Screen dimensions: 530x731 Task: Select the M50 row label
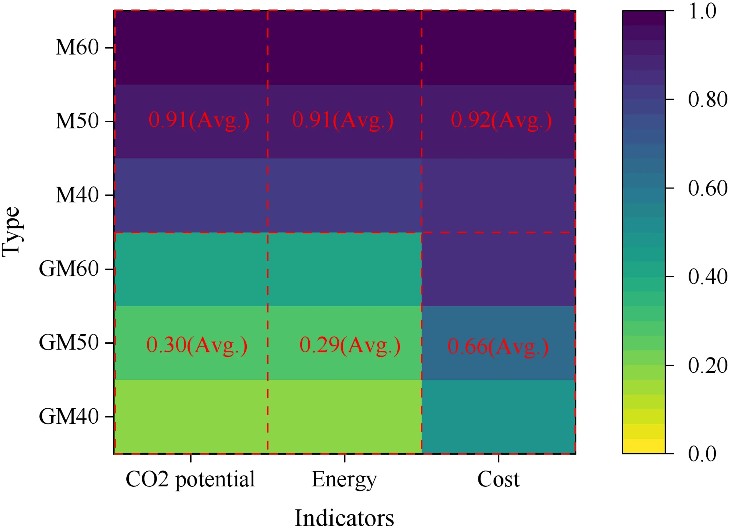[77, 121]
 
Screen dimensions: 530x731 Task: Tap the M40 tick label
[77, 195]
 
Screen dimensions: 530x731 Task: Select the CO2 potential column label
[190, 480]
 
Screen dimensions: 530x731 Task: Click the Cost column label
[498, 480]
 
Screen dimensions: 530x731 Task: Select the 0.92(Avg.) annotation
[501, 121]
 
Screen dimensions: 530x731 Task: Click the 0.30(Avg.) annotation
[197, 346]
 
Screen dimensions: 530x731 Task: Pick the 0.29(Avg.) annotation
[350, 346]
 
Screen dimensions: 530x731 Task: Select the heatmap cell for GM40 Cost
[498, 416]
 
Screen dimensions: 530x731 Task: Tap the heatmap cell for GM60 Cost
[498, 269]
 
